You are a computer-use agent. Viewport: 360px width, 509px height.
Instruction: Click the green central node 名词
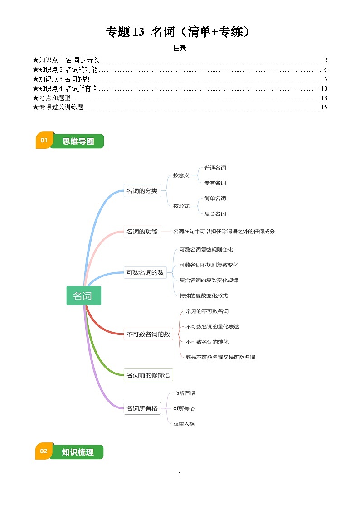coord(83,296)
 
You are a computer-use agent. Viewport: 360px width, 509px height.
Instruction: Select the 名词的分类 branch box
coord(142,191)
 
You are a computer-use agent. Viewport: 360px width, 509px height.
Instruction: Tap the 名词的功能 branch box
coord(142,232)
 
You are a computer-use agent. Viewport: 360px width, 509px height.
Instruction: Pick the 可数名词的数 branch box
coord(145,273)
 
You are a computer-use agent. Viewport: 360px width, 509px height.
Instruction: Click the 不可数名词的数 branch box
coord(148,334)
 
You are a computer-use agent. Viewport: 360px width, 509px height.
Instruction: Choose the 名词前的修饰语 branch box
coord(148,375)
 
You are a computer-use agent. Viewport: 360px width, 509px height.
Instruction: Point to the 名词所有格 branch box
coord(142,408)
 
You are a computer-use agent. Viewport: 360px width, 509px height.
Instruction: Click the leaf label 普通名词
coord(215,168)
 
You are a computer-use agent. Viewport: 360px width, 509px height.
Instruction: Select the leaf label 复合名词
coord(215,213)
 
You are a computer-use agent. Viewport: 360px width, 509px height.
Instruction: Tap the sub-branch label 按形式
coord(181,206)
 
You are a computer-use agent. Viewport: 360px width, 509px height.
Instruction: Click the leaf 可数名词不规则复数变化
coord(209,265)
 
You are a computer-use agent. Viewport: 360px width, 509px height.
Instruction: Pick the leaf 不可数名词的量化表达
coord(212,326)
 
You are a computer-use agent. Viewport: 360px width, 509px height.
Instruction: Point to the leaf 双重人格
coord(184,424)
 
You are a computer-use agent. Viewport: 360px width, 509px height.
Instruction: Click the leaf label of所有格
coord(184,408)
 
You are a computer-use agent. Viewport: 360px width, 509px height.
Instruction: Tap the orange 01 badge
coord(44,141)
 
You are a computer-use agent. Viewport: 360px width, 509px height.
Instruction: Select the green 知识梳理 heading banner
coord(78,452)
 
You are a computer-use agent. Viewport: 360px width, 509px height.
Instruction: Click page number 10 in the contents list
coord(324,88)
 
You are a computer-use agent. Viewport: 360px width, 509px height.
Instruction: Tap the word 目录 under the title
coord(180,48)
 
